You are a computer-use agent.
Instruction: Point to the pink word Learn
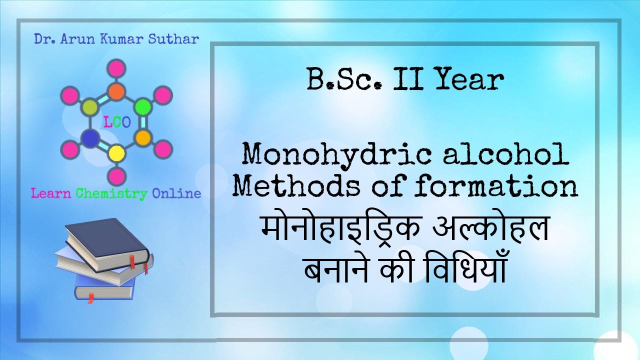tap(51, 193)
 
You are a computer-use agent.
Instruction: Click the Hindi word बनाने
tap(340, 270)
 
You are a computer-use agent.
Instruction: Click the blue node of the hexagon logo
tap(90, 138)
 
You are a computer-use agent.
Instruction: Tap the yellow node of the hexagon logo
tap(116, 152)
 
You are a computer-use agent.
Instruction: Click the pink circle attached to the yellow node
tap(116, 175)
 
